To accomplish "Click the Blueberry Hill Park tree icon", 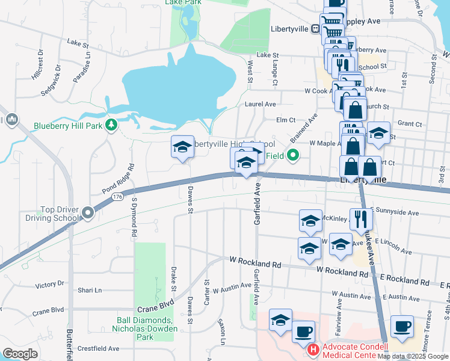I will pyautogui.click(x=111, y=125).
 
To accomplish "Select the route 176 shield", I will pyautogui.click(x=117, y=197).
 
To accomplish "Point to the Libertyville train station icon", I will pyautogui.click(x=315, y=29).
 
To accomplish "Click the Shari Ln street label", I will pyautogui.click(x=90, y=290).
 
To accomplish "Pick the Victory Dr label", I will pyautogui.click(x=50, y=284).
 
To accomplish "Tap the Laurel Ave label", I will pyautogui.click(x=260, y=103).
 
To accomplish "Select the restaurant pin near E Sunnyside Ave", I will pyautogui.click(x=360, y=220).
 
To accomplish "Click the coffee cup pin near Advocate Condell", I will pyautogui.click(x=303, y=332).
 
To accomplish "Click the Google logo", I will pyautogui.click(x=20, y=354).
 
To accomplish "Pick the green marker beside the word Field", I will pyautogui.click(x=294, y=155).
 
